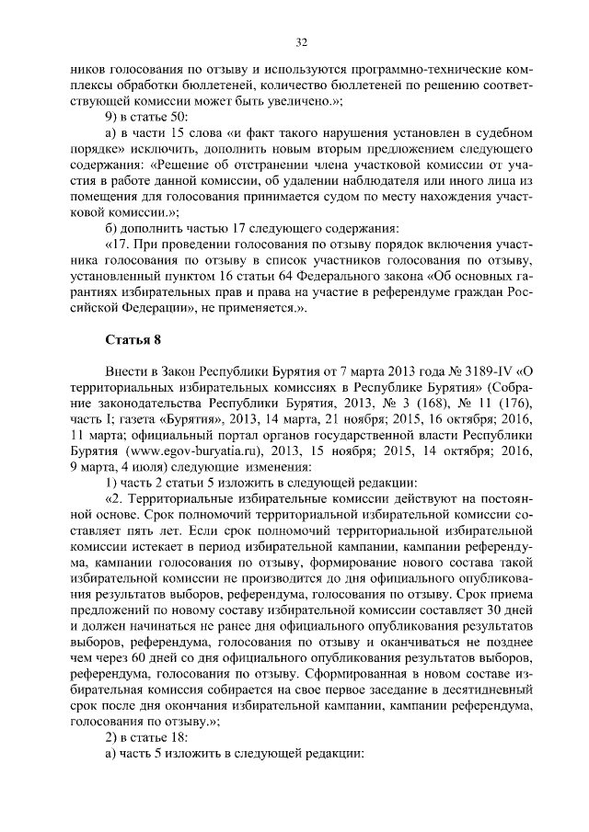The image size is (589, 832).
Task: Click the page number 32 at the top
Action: pos(301,41)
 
